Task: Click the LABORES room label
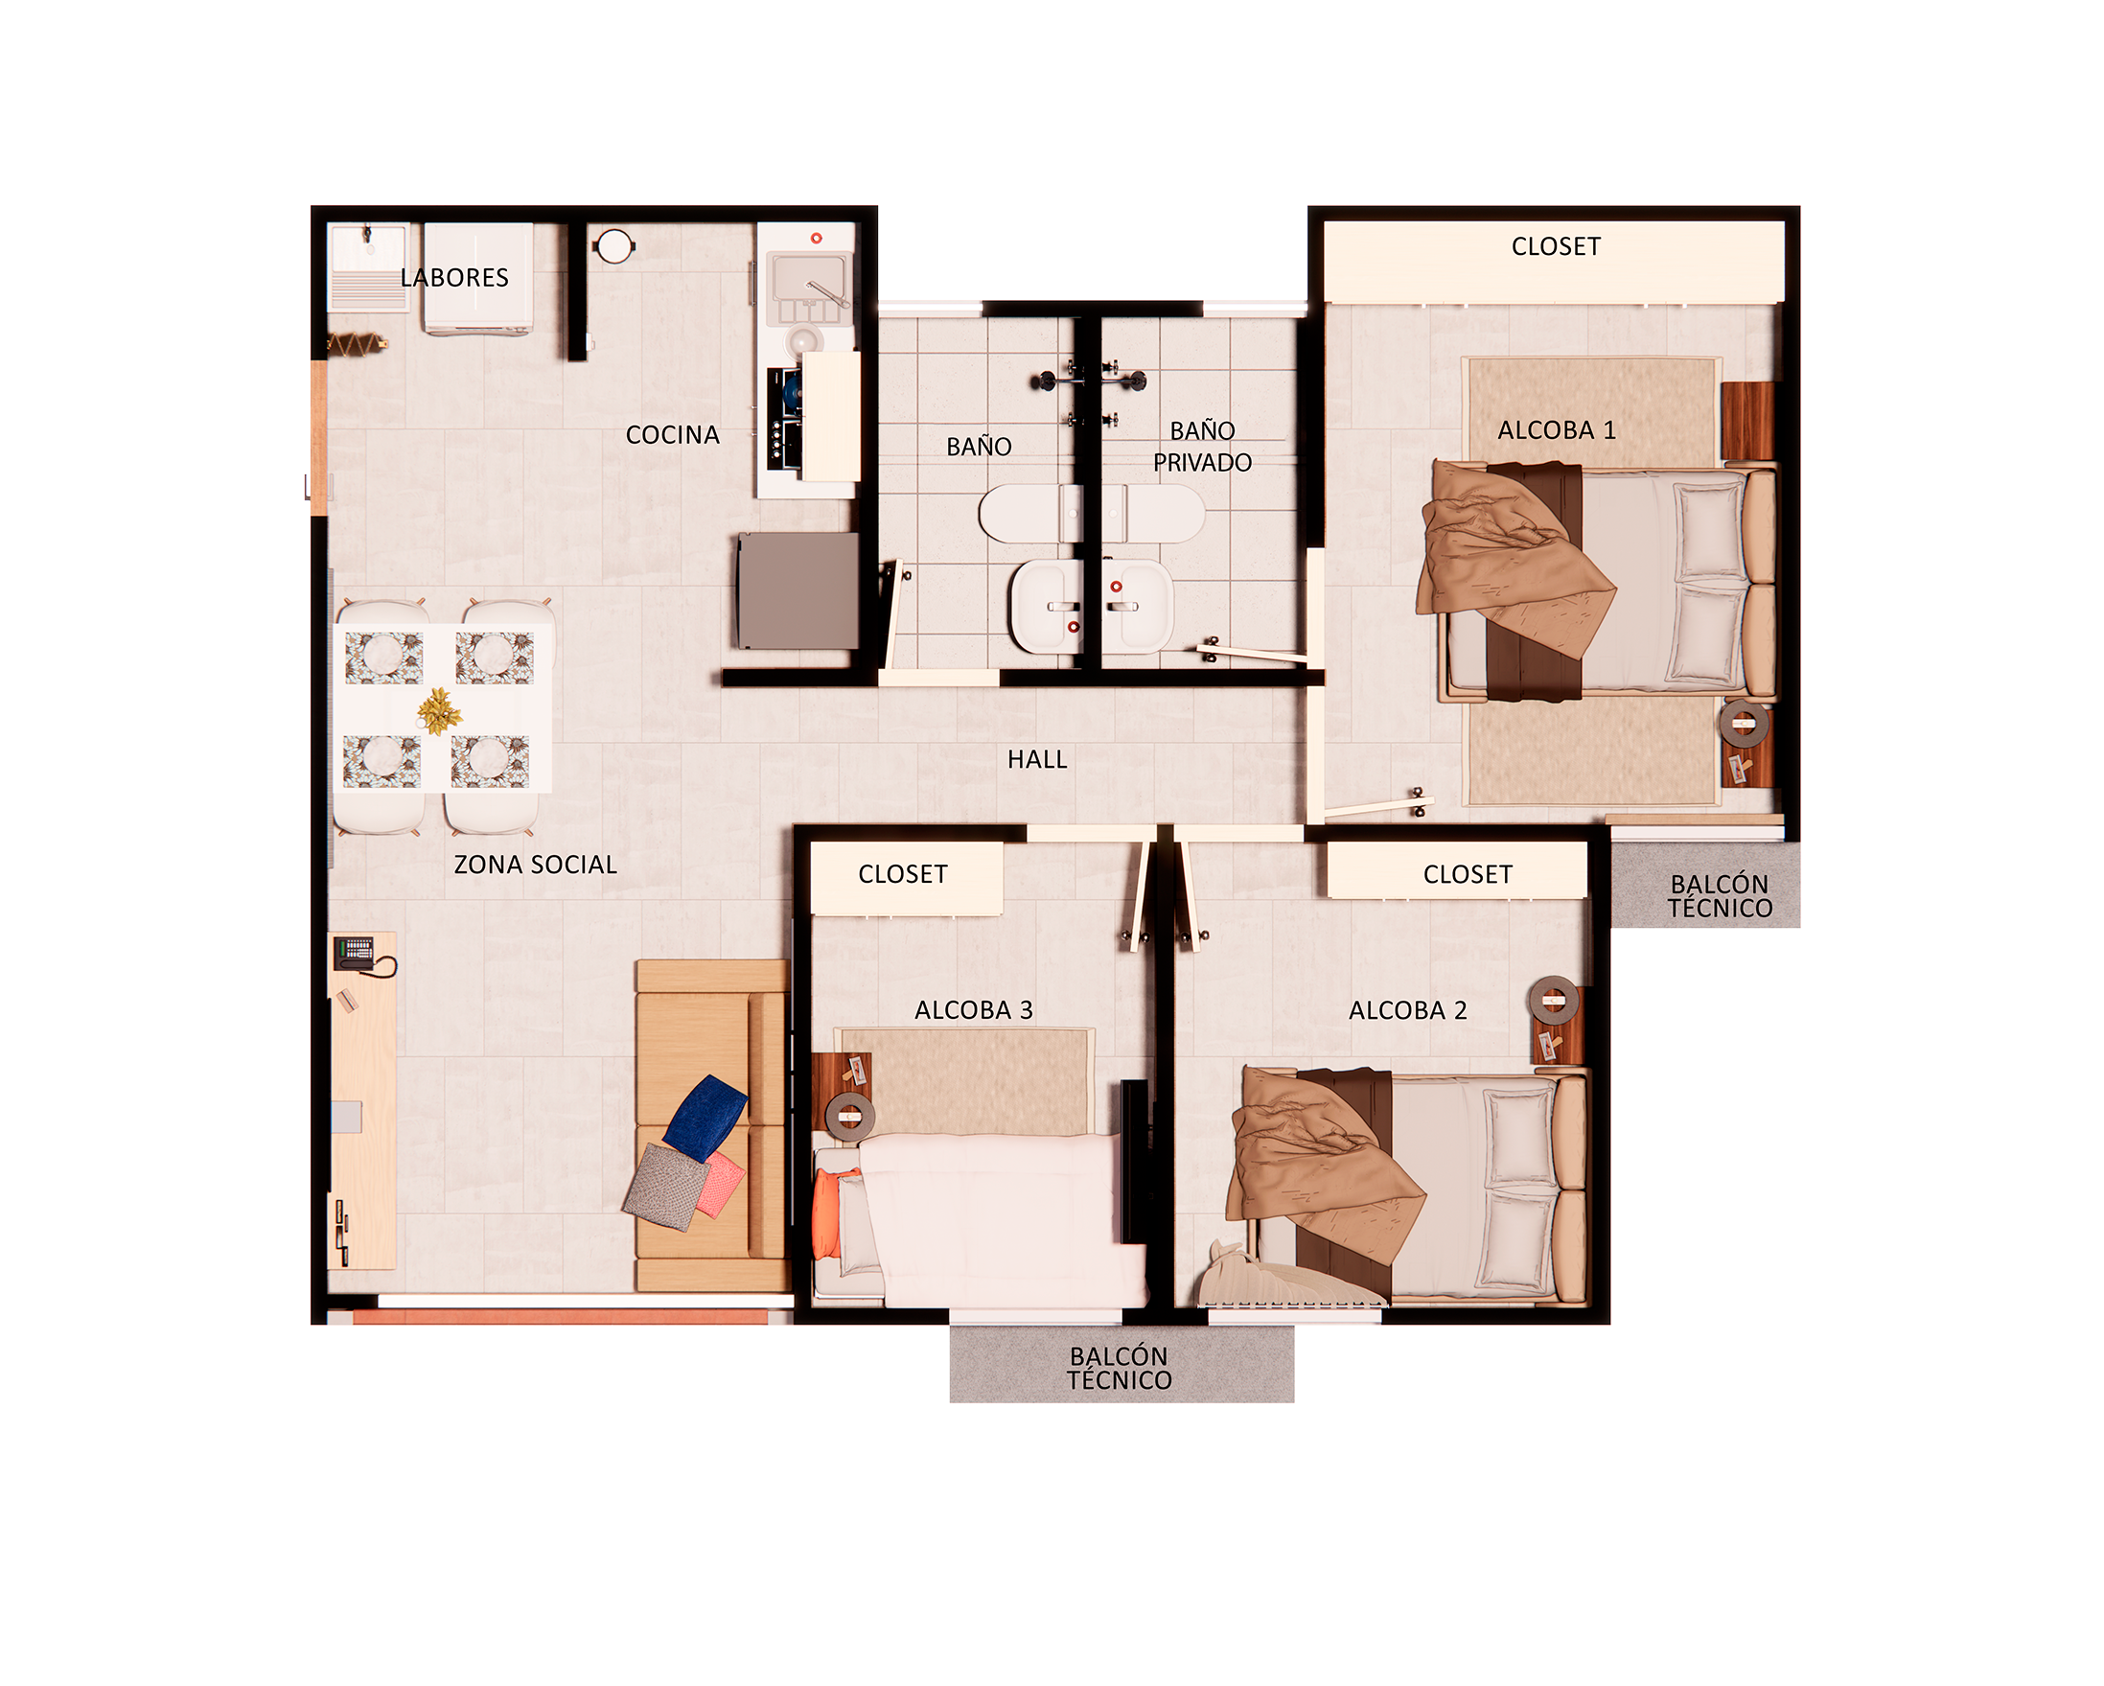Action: pyautogui.click(x=453, y=278)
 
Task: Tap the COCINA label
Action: pyautogui.click(x=672, y=435)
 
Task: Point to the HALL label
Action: pyautogui.click(x=1037, y=760)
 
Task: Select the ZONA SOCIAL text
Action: pyautogui.click(x=535, y=865)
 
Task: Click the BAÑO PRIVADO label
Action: pyautogui.click(x=1202, y=447)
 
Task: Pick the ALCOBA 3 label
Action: pyautogui.click(x=973, y=1011)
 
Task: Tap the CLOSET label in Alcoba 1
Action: pyautogui.click(x=1556, y=247)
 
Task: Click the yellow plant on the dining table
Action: pyautogui.click(x=439, y=710)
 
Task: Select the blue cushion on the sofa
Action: pyautogui.click(x=705, y=1119)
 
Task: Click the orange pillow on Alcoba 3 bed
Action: pyautogui.click(x=825, y=1213)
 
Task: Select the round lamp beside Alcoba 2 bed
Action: pyautogui.click(x=1554, y=1000)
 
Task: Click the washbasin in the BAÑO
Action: pyautogui.click(x=1046, y=606)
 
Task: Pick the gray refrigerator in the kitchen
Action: pyautogui.click(x=798, y=590)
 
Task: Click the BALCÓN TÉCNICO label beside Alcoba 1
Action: pyautogui.click(x=1719, y=895)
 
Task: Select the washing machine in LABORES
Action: pyautogui.click(x=478, y=278)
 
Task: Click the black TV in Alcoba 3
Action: pyautogui.click(x=1133, y=1161)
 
